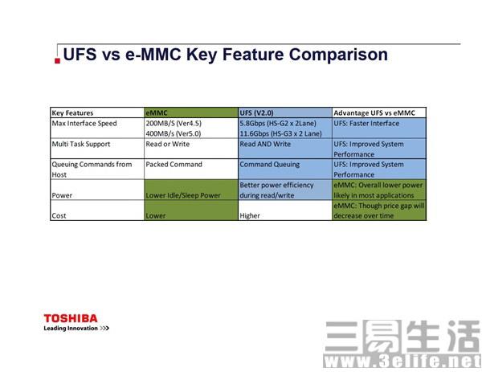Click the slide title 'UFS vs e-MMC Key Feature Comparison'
[x=225, y=55]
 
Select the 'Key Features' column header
[x=72, y=113]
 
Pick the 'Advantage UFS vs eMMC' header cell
[x=374, y=113]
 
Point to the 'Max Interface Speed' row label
[x=84, y=124]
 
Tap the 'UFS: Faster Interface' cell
[x=367, y=124]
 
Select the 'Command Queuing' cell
[x=270, y=164]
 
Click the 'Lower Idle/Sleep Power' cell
[x=183, y=195]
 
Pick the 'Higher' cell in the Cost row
[x=251, y=215]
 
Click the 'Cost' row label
[x=60, y=215]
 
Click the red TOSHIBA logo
[x=71, y=318]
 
